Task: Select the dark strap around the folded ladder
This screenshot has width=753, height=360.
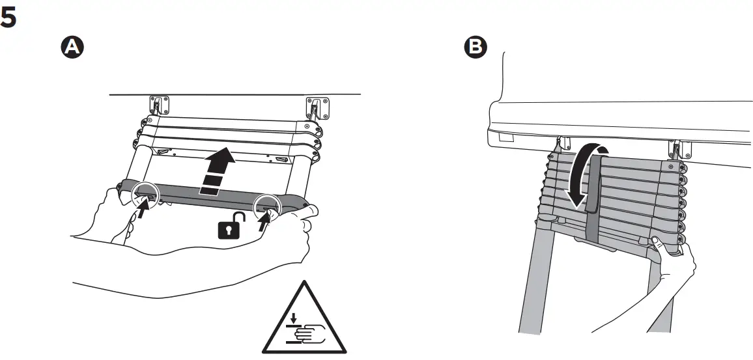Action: coord(592,195)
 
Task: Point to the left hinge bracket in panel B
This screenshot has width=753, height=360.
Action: coord(563,143)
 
